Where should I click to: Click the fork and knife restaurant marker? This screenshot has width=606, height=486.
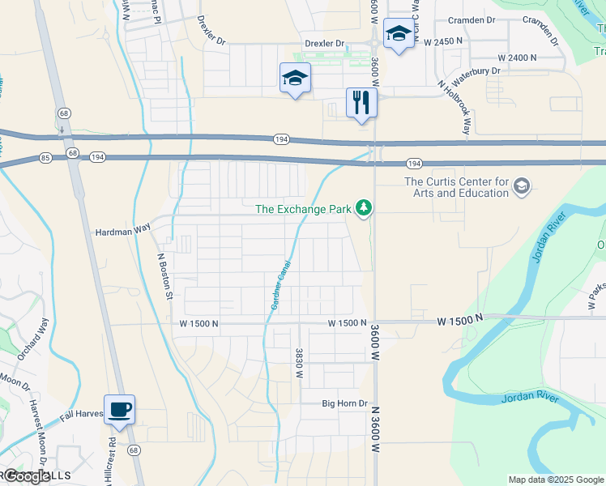[361, 103]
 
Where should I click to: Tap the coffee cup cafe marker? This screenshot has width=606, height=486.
[119, 409]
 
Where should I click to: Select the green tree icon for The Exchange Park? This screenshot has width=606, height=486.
[365, 209]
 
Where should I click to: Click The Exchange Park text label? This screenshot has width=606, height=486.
[303, 209]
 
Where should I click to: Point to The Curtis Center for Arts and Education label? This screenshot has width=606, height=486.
[456, 187]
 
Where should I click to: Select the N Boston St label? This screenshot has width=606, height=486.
[164, 275]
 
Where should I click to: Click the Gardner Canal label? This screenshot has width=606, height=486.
[280, 288]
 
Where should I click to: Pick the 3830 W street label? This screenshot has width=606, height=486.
[299, 361]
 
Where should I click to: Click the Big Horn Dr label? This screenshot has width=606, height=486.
[345, 403]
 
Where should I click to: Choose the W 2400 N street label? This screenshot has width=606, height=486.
[518, 58]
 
